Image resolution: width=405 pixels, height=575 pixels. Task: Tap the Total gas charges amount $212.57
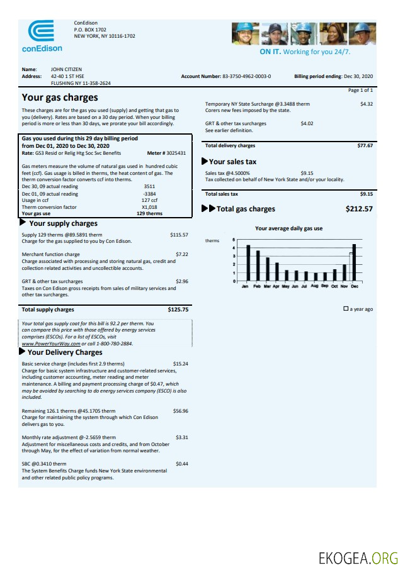click(359, 209)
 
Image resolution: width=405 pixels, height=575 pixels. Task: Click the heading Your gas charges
click(60, 98)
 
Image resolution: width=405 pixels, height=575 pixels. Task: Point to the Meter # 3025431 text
click(166, 153)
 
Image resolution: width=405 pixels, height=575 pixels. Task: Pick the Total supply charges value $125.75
click(178, 310)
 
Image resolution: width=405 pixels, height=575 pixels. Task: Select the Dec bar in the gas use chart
click(355, 262)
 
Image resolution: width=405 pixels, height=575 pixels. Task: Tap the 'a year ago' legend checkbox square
click(346, 310)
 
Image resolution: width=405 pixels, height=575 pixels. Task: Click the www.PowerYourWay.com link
click(51, 344)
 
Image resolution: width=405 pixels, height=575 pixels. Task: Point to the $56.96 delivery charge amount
click(180, 411)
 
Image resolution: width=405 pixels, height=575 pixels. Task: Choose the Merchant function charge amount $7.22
click(181, 255)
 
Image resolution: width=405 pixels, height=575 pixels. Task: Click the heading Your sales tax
click(232, 162)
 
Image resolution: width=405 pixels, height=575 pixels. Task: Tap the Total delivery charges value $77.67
click(365, 145)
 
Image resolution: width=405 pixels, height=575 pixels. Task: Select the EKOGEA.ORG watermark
click(359, 557)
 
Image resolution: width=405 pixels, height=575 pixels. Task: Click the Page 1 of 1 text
click(360, 91)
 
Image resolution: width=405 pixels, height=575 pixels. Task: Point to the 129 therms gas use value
click(149, 213)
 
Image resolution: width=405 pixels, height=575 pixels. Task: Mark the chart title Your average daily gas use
click(288, 228)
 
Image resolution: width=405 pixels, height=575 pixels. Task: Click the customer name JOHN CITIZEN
click(66, 69)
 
